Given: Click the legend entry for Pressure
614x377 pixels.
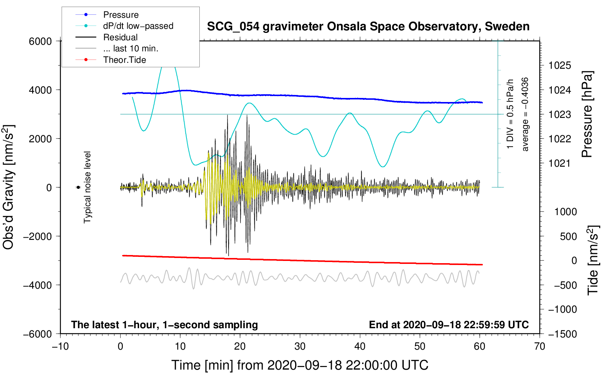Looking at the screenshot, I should (x=121, y=15).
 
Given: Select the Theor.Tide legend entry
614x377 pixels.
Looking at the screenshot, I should (x=124, y=60).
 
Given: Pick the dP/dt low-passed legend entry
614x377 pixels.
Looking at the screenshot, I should (x=138, y=26).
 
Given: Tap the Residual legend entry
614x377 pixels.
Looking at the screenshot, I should (x=120, y=37).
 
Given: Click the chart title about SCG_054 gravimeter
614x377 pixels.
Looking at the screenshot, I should (x=368, y=27).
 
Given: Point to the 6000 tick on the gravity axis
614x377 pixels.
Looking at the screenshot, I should (x=40, y=41).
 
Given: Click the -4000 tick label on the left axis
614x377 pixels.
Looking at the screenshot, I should (x=37, y=285).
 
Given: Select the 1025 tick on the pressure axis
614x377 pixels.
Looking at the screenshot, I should (x=560, y=66).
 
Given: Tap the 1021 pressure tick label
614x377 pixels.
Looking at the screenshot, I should (x=560, y=163).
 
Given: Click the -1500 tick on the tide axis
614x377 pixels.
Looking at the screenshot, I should (x=562, y=334).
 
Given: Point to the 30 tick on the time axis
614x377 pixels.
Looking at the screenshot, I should (x=300, y=347).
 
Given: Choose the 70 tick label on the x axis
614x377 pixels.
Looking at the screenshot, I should (x=540, y=347).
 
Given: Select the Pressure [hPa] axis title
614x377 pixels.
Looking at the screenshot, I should (x=587, y=115).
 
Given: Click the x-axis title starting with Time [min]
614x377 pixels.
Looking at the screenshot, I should (x=300, y=365).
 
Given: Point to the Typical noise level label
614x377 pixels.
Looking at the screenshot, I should (x=87, y=187).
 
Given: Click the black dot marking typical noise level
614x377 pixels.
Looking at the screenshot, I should (x=78, y=187).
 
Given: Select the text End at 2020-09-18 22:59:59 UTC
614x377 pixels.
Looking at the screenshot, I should (x=449, y=325).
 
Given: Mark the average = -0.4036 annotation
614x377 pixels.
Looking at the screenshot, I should (x=525, y=115).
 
